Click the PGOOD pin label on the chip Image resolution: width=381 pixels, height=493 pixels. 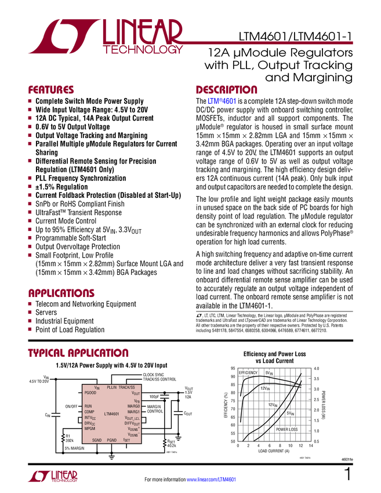(90, 393)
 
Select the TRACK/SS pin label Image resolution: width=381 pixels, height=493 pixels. (126, 387)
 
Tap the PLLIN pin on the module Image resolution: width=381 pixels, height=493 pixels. (111, 387)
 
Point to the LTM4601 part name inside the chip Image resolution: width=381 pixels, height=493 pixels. (111, 414)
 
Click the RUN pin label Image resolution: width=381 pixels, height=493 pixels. (88, 406)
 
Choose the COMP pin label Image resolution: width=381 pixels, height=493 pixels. (89, 412)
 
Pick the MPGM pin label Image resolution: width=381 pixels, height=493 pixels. (89, 429)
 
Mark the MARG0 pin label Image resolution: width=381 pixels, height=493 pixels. (133, 406)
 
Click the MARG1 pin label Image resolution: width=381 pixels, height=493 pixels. (133, 412)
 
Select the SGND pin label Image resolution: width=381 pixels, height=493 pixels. (98, 440)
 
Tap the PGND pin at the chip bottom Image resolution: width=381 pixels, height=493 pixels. (111, 440)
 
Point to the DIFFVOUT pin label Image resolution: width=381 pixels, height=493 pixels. (132, 423)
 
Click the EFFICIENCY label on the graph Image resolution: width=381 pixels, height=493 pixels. (248, 372)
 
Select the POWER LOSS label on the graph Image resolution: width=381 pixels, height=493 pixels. (286, 429)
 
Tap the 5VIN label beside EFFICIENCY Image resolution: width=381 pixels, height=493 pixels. (270, 372)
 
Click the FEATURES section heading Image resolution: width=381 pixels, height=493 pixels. (51, 90)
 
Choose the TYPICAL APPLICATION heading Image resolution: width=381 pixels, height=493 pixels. (78, 353)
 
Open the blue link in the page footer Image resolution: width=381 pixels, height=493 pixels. (212, 480)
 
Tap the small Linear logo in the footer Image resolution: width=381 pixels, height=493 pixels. (52, 476)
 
